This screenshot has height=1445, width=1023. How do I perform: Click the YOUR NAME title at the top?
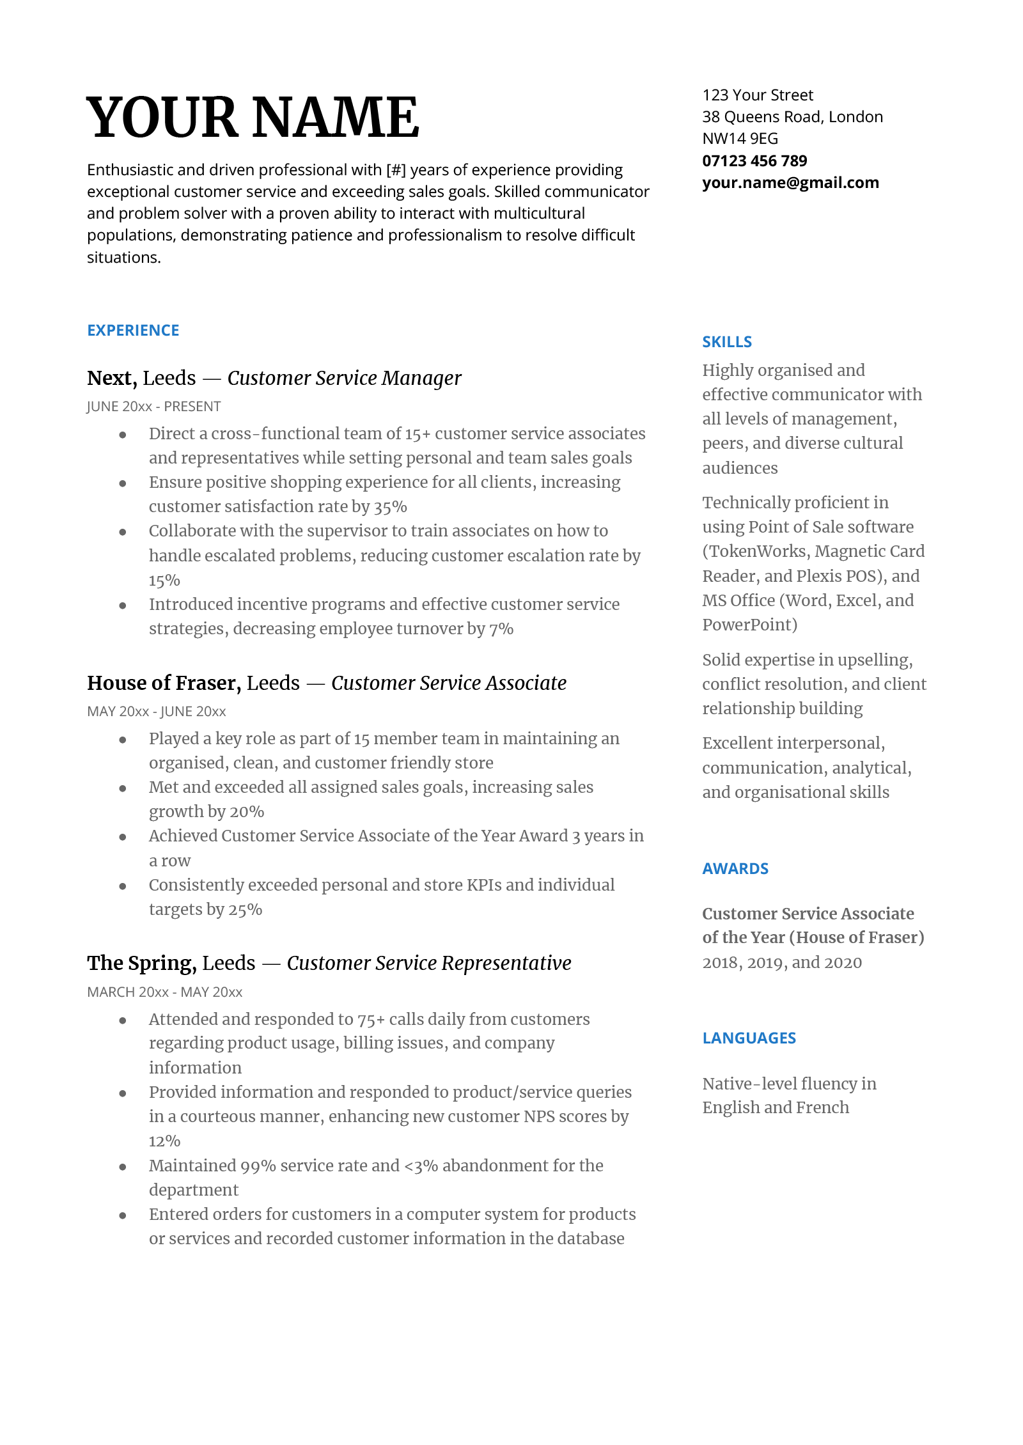[x=253, y=117]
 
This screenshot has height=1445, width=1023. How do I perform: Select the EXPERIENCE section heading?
[x=133, y=331]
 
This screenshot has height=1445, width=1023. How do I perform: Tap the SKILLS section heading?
[x=727, y=342]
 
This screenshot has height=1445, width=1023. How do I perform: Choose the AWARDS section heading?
[x=735, y=869]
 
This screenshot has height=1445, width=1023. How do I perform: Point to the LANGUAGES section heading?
[x=749, y=1038]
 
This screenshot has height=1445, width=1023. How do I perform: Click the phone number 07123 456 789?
[x=754, y=161]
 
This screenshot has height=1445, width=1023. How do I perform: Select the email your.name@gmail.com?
[x=790, y=183]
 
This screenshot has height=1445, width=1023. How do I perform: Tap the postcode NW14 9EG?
[x=740, y=139]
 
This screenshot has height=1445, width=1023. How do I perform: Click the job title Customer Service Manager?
[x=344, y=379]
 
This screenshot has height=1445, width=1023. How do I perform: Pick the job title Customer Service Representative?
[x=428, y=964]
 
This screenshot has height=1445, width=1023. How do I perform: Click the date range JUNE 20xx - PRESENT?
[x=153, y=407]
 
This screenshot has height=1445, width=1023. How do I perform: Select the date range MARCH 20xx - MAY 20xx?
[x=164, y=992]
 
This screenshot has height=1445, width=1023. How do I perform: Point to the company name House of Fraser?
[x=164, y=683]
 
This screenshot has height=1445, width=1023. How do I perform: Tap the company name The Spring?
[x=141, y=964]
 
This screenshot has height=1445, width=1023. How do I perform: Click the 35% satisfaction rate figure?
[x=390, y=508]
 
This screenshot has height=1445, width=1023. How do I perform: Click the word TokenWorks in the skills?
[x=758, y=552]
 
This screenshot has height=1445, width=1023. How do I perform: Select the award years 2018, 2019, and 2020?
[x=781, y=963]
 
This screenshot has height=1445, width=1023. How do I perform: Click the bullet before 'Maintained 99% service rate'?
[x=122, y=1167]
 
